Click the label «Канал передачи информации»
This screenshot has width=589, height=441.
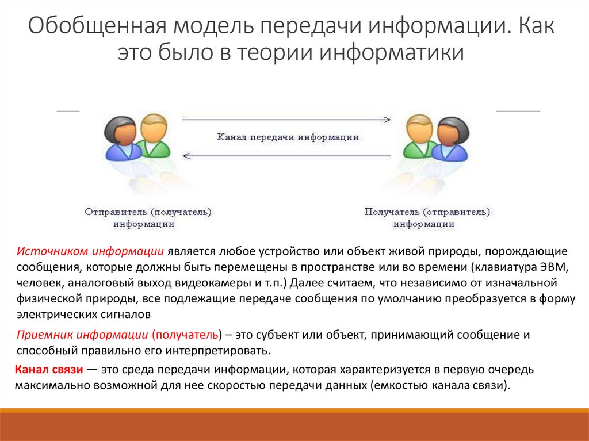(288, 137)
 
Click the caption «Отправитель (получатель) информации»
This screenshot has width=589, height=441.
(148, 218)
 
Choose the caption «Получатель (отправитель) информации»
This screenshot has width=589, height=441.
(427, 218)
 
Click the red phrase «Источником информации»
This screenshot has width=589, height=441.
(91, 252)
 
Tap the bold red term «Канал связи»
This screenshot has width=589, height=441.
(49, 369)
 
